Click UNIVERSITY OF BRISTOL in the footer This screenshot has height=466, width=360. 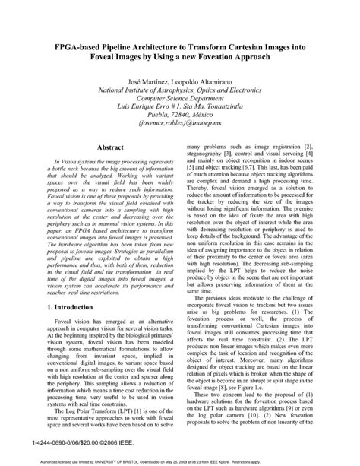coord(136,460)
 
